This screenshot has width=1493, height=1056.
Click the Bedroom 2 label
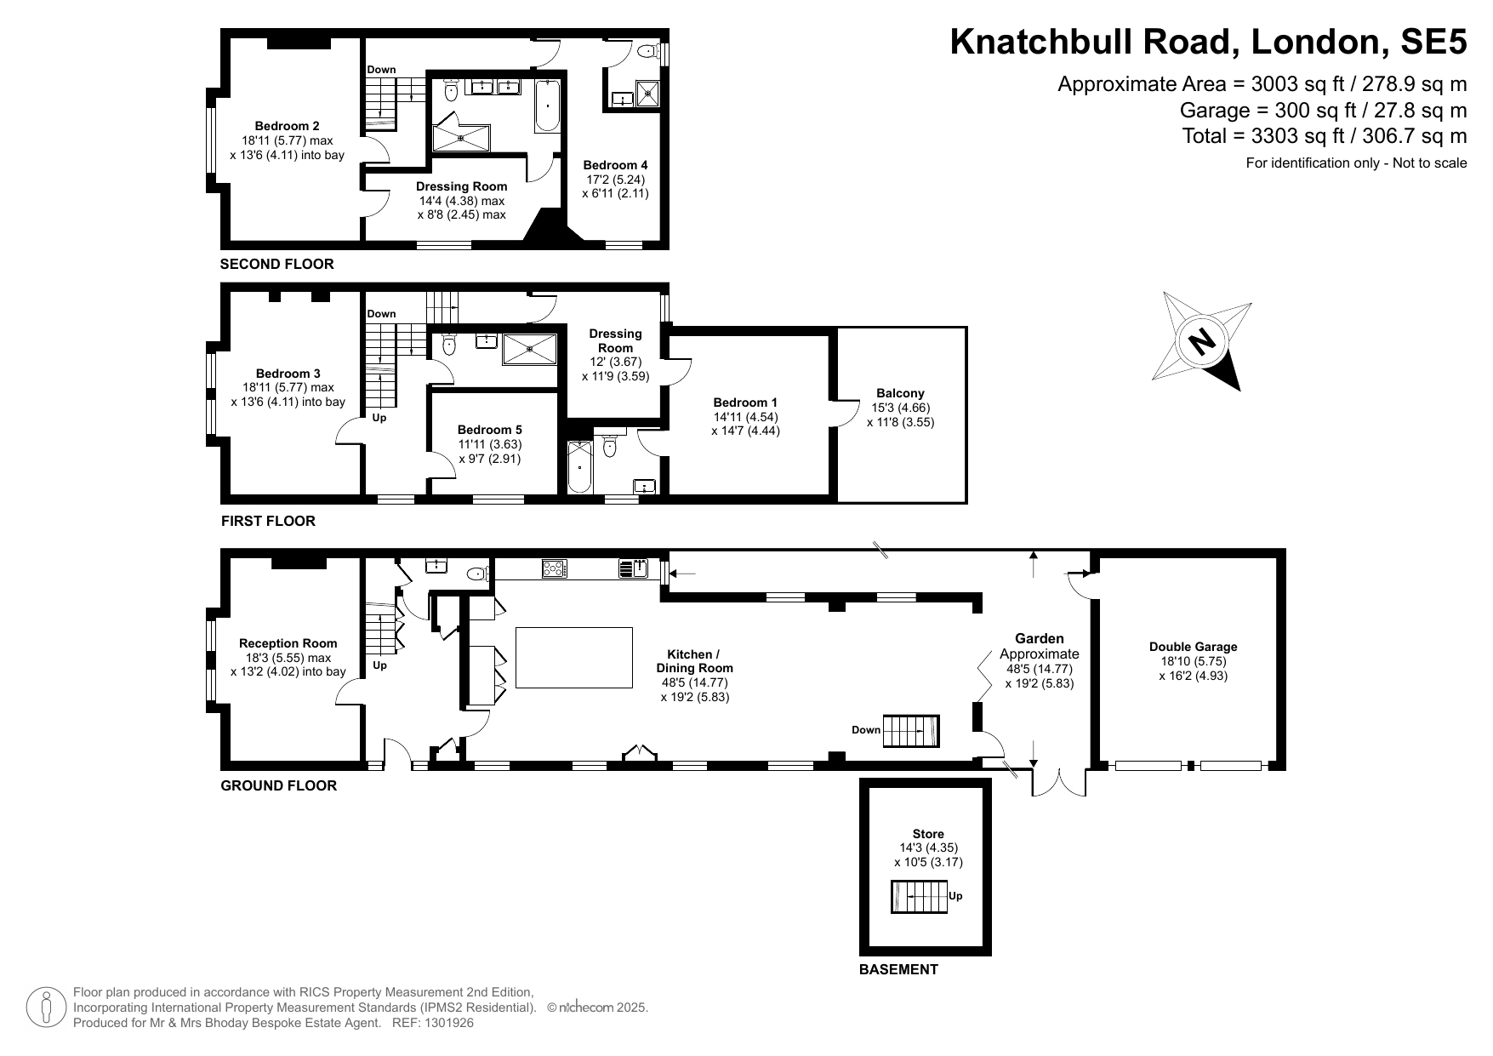point(287,127)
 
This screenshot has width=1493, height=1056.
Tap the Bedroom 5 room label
point(490,431)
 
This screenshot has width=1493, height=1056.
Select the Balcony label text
point(900,393)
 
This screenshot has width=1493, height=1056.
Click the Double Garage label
point(1193,647)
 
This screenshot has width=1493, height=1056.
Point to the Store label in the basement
point(928,834)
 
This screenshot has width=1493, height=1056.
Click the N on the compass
point(1201,341)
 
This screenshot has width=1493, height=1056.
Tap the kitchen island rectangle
point(574,657)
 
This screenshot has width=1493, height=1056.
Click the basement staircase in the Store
point(919,897)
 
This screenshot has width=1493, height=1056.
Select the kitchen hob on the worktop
point(555,568)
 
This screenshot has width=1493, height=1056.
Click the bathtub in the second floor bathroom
point(547,106)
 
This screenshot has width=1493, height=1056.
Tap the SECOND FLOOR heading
point(277,264)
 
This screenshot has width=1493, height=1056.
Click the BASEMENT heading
point(898,969)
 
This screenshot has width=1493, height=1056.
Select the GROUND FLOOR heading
point(279,785)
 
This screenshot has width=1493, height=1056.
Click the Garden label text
point(1039,638)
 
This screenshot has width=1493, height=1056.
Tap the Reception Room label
point(288,643)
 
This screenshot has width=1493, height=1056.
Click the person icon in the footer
point(46,1007)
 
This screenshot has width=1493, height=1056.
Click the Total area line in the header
point(1325,136)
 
